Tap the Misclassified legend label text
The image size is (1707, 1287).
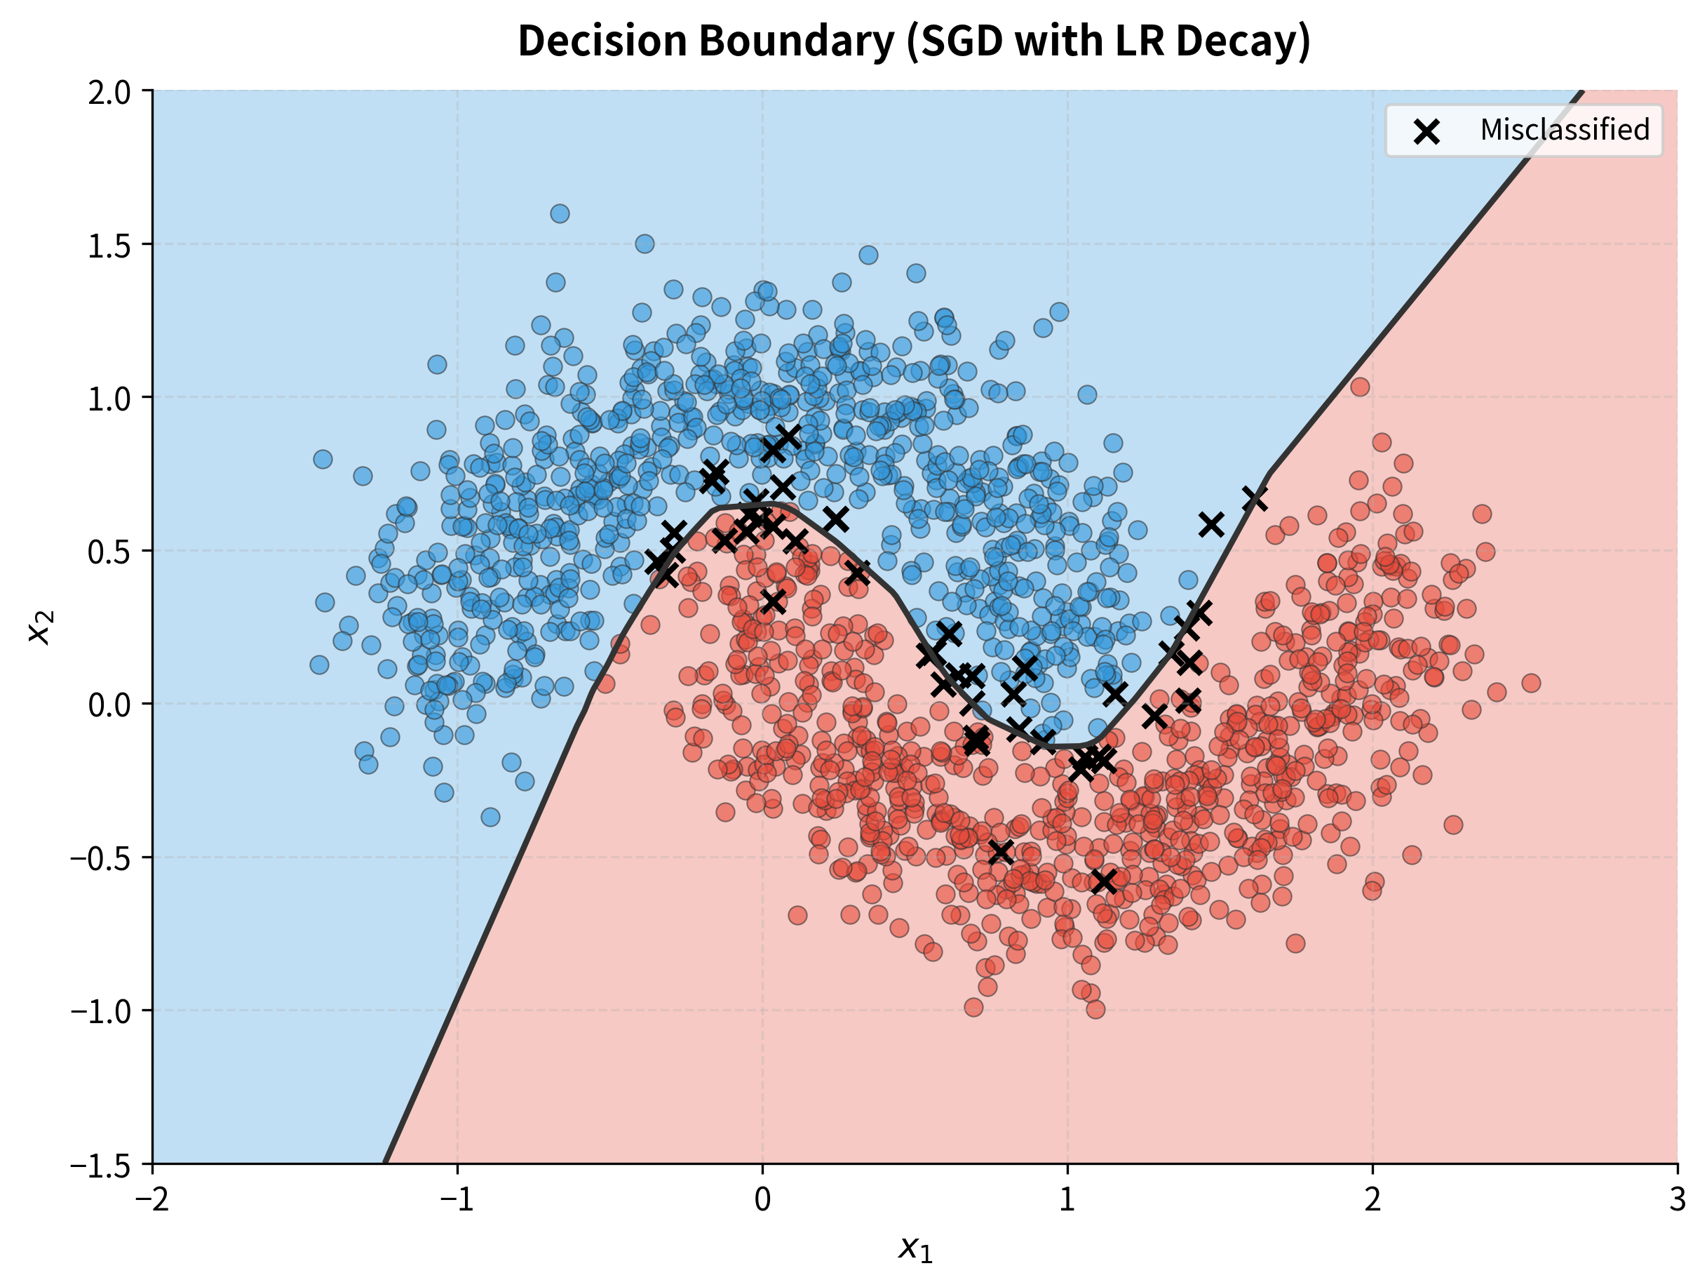click(x=1564, y=130)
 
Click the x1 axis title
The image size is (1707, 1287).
click(x=915, y=1248)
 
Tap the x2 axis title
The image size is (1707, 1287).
click(x=40, y=627)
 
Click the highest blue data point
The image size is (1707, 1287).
click(x=560, y=213)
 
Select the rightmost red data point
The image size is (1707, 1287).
click(x=1531, y=683)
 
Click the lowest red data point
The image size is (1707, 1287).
click(x=1095, y=1009)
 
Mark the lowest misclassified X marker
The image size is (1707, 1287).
click(x=1105, y=881)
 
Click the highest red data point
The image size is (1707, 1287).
click(x=1360, y=386)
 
